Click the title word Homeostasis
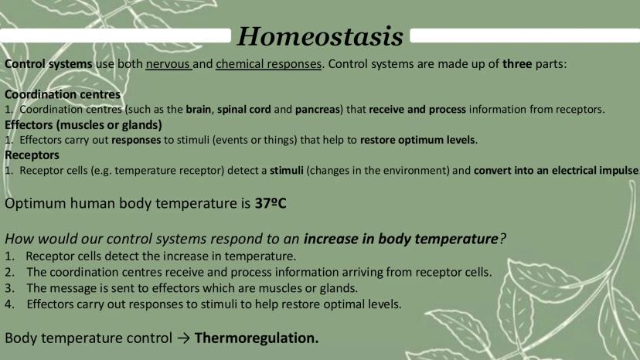coord(321,36)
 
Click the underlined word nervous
coord(168,64)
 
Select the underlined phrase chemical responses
coord(268,64)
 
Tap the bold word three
coord(517,64)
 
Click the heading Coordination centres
coord(63,94)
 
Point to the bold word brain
coord(199,110)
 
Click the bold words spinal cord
coord(243,110)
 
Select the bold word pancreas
coord(317,110)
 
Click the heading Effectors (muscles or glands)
coord(83,125)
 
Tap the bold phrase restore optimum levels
coord(417,140)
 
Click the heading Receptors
coord(32,155)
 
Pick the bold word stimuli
coord(287,170)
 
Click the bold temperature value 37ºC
coord(271,203)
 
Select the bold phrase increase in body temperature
coord(401,239)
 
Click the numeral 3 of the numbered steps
coord(9,288)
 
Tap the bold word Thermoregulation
coord(257,338)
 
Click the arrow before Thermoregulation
coord(184,338)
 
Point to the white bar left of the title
coord(115,36)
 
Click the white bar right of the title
coord(525,36)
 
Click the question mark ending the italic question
coord(502,239)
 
